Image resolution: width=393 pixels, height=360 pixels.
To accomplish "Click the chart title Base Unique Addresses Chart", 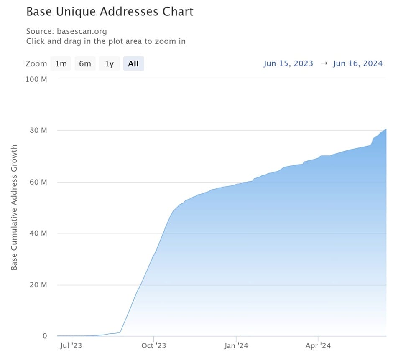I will (x=110, y=12).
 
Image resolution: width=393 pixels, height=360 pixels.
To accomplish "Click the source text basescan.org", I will (x=82, y=31).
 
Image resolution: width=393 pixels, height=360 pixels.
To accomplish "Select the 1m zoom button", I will (x=61, y=64).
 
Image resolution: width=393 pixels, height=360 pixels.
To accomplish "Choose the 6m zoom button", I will (x=85, y=64).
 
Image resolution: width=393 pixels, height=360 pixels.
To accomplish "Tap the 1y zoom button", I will (x=109, y=64).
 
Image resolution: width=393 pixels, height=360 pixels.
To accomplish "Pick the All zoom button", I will (x=133, y=64).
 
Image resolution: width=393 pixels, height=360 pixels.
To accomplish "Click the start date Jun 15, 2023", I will (x=288, y=63).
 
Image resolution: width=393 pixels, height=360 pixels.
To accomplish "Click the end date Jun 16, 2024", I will (x=358, y=63).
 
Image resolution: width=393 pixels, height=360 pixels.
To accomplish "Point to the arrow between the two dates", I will (x=323, y=63).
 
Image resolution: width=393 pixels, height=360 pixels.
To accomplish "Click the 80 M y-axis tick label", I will (x=38, y=131).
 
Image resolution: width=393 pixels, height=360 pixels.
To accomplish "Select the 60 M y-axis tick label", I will (x=38, y=182).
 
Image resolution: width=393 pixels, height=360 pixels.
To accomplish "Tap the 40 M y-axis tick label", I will (x=38, y=233).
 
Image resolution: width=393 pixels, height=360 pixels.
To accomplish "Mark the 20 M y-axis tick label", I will (x=38, y=285).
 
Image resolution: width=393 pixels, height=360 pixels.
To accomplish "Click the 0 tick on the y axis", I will (x=44, y=336).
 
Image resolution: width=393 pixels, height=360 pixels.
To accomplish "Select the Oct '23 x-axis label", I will (x=153, y=346).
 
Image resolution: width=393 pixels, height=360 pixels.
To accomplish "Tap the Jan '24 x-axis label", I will (x=236, y=346).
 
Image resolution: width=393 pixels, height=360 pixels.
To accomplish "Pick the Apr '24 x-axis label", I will (x=318, y=346).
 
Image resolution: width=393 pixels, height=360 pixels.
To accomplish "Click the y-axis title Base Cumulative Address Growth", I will (x=14, y=207).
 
